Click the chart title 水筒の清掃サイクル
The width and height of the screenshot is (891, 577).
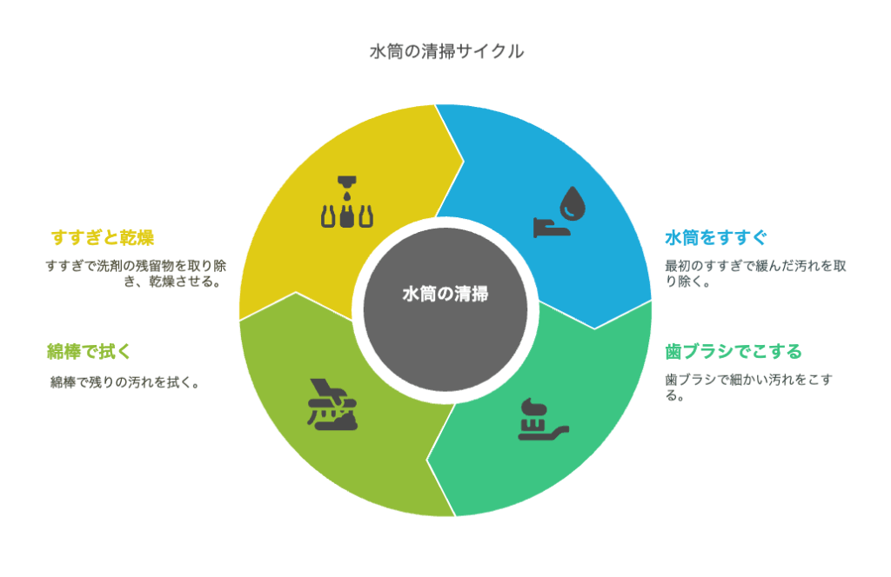[x=446, y=51]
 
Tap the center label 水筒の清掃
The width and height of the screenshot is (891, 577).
[x=445, y=294]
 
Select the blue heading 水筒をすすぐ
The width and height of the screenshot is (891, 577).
[x=716, y=237]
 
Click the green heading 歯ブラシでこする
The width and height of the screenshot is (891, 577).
[x=733, y=352]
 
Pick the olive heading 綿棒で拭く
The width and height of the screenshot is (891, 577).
[x=89, y=352]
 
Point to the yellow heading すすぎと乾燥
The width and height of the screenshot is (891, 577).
[x=103, y=237]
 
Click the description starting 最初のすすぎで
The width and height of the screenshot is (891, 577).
[x=756, y=274]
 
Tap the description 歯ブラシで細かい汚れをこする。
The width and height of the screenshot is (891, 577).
[x=749, y=388]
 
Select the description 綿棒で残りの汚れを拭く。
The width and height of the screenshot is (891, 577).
[x=125, y=382]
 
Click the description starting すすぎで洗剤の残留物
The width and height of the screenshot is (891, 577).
[x=136, y=274]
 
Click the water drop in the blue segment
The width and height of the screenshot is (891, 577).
[x=573, y=203]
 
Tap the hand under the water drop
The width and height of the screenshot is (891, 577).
[x=551, y=228]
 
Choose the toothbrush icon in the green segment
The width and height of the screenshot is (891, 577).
[x=543, y=420]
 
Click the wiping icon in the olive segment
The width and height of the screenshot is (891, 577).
[x=332, y=405]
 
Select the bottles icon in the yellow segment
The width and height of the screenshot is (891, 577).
[x=347, y=202]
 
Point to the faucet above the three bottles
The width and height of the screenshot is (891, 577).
[x=347, y=182]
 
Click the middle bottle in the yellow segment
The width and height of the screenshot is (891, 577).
[x=347, y=216]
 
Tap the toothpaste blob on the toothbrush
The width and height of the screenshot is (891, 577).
[x=534, y=407]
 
